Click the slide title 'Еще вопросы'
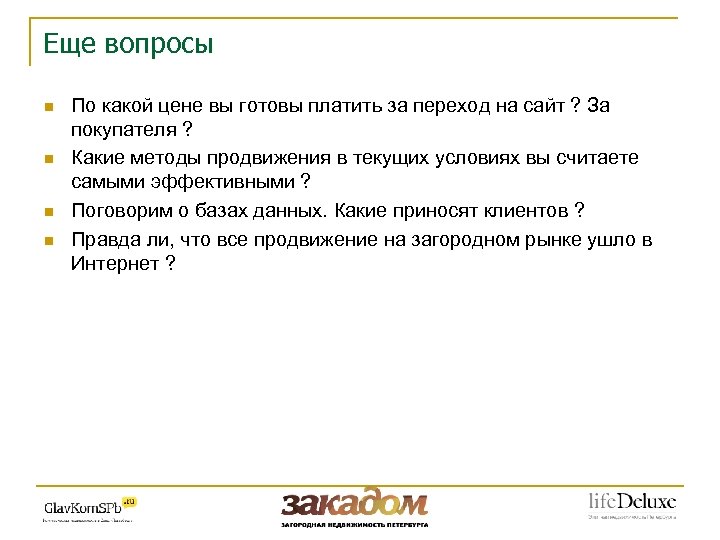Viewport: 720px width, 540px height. (128, 45)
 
